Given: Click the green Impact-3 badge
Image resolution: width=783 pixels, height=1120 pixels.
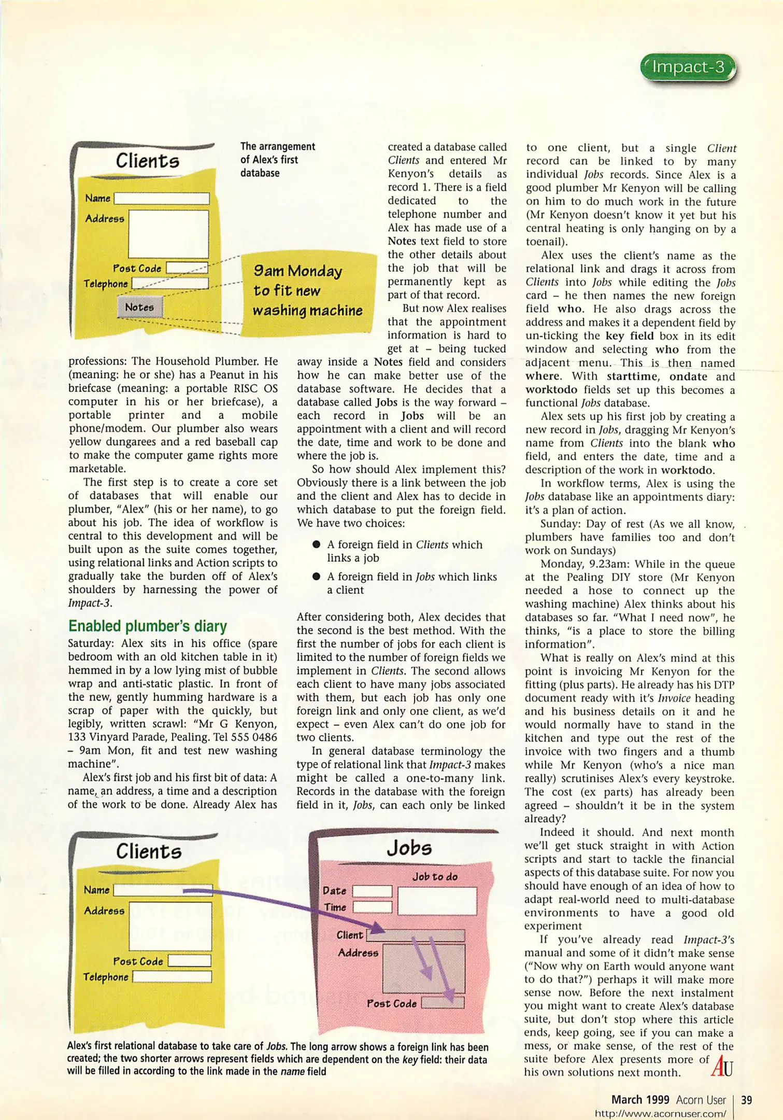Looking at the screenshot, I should coord(688,67).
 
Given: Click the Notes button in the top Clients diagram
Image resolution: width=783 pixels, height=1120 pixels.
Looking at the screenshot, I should coord(139,307).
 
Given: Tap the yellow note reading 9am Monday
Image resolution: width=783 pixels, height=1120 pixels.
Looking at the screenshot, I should coord(307,291).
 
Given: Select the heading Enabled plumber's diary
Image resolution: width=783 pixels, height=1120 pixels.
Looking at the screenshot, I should coord(148,626).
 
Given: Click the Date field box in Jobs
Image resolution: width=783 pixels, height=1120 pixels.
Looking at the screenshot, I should coord(372,891).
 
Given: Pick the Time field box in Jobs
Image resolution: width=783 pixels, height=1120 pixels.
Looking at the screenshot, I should coord(372,907).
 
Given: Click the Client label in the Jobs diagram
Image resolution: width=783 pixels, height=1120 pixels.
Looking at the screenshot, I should coord(350,935).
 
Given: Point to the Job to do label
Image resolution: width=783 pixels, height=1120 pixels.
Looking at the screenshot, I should coord(435,876).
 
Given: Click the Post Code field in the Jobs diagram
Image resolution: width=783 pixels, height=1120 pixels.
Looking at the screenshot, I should coord(442,1003).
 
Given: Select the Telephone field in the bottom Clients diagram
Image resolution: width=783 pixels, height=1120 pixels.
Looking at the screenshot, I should coord(172,977).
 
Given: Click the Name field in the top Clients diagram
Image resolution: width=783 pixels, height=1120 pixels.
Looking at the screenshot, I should coord(162,199).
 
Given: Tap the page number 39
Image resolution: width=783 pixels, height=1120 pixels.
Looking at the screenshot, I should coord(746,1100).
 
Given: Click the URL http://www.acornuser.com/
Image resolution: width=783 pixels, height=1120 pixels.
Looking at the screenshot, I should coord(660,1113).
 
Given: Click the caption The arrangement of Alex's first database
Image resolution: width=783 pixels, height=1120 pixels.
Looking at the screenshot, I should coord(277,160).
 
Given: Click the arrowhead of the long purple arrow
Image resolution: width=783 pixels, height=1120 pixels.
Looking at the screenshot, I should coord(377,927).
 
